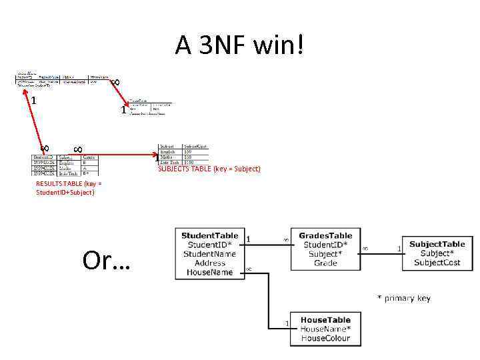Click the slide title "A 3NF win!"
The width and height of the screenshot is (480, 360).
coord(240,45)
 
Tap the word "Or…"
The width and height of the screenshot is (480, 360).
coord(107,261)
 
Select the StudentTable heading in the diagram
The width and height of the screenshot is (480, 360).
coord(209,236)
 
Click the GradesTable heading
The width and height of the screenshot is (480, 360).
coord(326,236)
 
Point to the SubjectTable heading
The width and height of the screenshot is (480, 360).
coord(437,245)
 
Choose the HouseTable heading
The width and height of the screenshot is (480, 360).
coord(325,320)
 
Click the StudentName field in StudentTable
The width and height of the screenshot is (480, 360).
coord(209,254)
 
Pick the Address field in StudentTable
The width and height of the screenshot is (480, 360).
coord(209,263)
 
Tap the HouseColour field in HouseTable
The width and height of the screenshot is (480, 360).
coord(325,338)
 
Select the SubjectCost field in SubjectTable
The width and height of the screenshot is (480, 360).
coord(437,263)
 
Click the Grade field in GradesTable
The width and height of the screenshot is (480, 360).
coord(326,263)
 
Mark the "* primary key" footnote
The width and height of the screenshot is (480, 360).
coord(404,298)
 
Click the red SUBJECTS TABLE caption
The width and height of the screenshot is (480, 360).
coord(209,169)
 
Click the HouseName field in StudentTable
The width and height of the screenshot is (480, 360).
coord(209,273)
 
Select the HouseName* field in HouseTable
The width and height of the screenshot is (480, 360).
coord(325,329)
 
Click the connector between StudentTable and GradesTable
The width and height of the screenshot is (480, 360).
coord(267,244)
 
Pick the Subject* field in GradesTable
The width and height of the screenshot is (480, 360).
coord(326,254)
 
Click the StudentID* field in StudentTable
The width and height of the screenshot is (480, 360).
coord(209,245)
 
